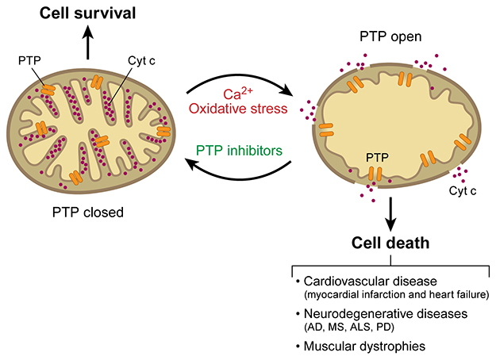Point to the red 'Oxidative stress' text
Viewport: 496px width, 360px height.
[x=240, y=109]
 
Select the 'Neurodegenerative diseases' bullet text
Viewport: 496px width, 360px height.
[x=379, y=314]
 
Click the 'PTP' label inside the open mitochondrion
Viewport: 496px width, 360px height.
[x=378, y=157]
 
